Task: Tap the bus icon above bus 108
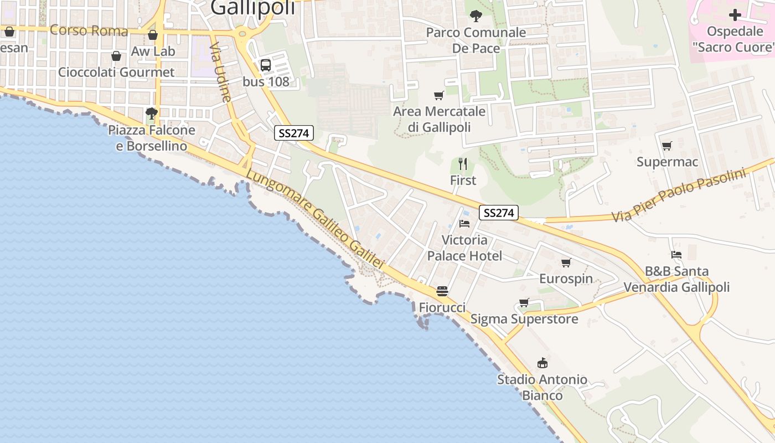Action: (266, 65)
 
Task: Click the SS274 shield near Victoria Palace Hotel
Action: (498, 213)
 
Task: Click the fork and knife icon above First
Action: (463, 163)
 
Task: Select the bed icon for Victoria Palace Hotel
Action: (464, 224)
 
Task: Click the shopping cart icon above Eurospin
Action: (566, 262)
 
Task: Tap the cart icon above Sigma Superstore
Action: (524, 303)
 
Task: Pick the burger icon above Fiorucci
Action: (442, 291)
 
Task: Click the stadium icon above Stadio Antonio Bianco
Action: (542, 363)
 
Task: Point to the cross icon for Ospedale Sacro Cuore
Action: (735, 15)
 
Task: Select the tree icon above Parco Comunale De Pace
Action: (476, 16)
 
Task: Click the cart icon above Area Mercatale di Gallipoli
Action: (439, 95)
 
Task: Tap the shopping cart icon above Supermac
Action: (666, 146)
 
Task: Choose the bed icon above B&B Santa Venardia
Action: (676, 255)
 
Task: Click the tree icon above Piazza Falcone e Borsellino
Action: (151, 114)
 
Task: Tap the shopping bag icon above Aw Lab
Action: (153, 35)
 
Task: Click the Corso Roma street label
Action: (89, 30)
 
